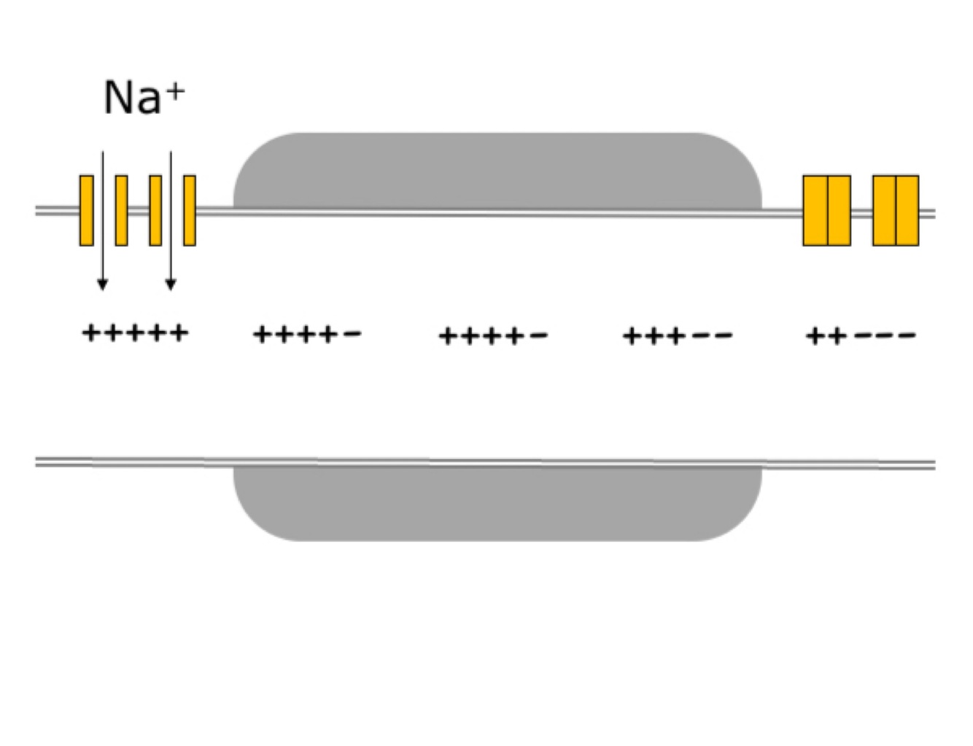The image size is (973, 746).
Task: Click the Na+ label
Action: coord(143,97)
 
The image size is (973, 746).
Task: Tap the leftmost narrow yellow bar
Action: coord(87,210)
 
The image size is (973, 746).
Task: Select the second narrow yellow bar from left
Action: coord(122,210)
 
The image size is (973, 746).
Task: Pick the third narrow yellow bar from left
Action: coord(155,210)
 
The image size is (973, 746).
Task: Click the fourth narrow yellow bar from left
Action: coord(190,210)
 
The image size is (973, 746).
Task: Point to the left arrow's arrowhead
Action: coord(103,284)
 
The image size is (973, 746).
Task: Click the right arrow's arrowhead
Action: coord(171,284)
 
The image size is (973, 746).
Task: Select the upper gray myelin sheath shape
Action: coord(497,171)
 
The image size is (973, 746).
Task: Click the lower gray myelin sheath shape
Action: coord(497,502)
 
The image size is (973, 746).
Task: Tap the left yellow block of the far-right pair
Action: coord(885,210)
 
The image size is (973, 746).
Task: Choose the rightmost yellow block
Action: coord(907,210)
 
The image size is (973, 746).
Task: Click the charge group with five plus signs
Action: coord(135,333)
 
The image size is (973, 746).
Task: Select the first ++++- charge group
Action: coord(307,335)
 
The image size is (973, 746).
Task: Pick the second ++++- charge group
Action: coord(493,335)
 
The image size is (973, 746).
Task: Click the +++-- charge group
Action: coord(678,335)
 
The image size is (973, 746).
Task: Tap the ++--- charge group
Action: coord(861,335)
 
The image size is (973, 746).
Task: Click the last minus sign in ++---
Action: coord(907,335)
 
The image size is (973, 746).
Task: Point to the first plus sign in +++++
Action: coord(90,333)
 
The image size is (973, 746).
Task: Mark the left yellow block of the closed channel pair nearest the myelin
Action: coord(815,210)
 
